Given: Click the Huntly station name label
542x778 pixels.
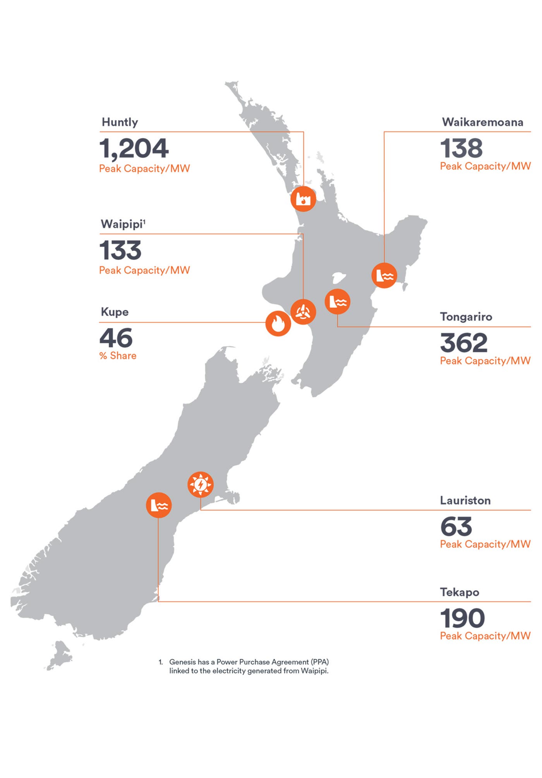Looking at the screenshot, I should tap(120, 122).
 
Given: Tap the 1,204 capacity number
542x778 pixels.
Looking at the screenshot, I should tap(134, 148).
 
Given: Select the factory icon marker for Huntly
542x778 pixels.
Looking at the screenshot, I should tap(303, 199).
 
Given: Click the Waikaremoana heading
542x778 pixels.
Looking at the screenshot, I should tap(482, 122).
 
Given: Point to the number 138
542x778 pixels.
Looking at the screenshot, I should tap(461, 148).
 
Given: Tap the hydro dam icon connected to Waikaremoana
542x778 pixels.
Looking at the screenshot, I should tap(384, 276).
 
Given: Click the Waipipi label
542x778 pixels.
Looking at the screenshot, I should tap(122, 224).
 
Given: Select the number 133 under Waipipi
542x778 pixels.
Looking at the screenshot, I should tap(120, 250).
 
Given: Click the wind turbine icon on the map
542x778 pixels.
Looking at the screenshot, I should tap(303, 312).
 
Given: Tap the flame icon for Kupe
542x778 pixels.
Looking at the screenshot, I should tap(278, 323).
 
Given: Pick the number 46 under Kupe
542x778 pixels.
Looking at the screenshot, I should tap(116, 338).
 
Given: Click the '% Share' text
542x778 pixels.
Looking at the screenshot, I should tap(118, 356).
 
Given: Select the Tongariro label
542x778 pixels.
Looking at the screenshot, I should tap(466, 317).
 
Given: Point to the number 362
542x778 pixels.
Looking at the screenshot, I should tap(463, 343).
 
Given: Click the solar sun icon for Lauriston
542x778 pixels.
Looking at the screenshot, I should tap(200, 484).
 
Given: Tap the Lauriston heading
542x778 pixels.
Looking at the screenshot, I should tap(465, 500).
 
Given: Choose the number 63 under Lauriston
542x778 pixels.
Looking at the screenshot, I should tap(456, 526).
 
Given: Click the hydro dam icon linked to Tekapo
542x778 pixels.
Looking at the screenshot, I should tap(159, 505).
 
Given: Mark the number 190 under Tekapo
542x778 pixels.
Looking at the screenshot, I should tap(462, 618).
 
